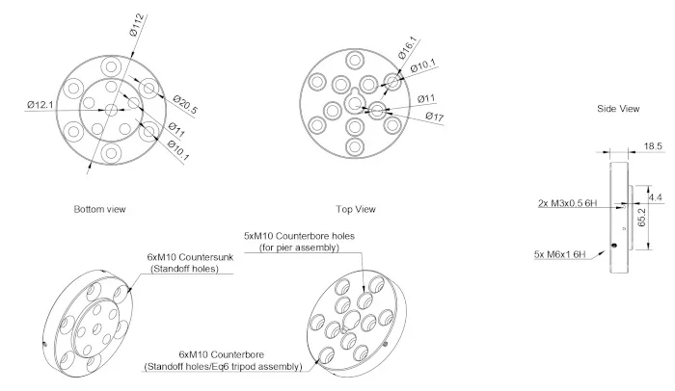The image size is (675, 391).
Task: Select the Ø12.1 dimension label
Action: pyautogui.click(x=40, y=104)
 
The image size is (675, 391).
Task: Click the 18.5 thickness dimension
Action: pyautogui.click(x=653, y=145)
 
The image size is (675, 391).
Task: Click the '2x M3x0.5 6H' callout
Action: pyautogui.click(x=569, y=204)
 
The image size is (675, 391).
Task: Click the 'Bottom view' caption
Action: pyautogui.click(x=99, y=208)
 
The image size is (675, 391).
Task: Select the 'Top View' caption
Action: pyautogui.click(x=355, y=208)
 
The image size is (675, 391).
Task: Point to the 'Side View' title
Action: pyautogui.click(x=618, y=109)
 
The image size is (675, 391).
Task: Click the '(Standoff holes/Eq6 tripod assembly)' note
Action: pyautogui.click(x=221, y=367)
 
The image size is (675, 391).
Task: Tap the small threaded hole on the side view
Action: pyautogui.click(x=614, y=245)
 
